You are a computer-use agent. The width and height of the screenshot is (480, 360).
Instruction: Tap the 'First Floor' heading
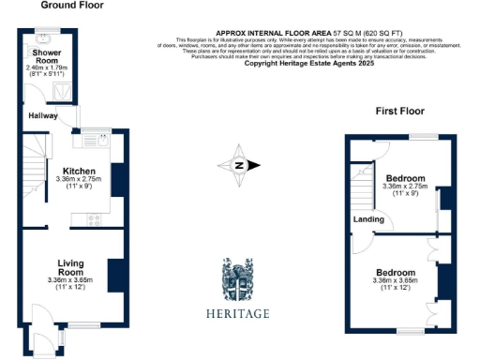pyautogui.click(x=400, y=111)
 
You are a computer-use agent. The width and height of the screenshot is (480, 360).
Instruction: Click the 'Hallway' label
pyautogui.click(x=43, y=115)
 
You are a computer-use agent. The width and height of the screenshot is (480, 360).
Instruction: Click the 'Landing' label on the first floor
pyautogui.click(x=366, y=219)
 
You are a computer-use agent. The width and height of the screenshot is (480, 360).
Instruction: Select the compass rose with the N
pyautogui.click(x=239, y=166)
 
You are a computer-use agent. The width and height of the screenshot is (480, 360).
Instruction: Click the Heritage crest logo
pyautogui.click(x=238, y=278)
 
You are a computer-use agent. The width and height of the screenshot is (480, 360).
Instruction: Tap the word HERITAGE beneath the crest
pyautogui.click(x=238, y=313)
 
